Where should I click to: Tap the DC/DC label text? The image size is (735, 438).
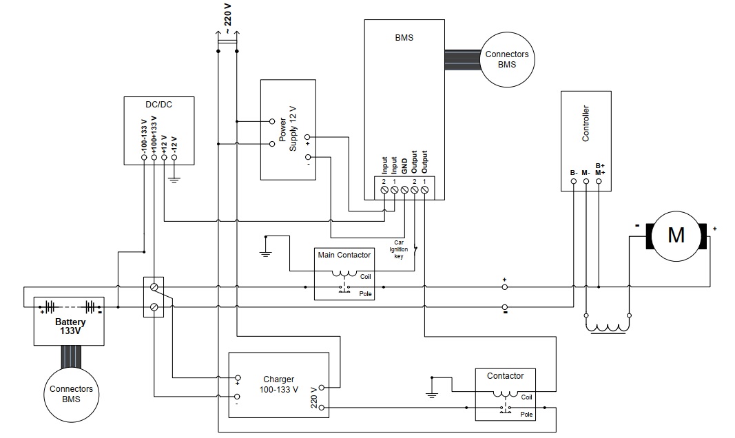159,105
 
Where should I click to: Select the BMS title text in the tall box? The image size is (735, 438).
404,37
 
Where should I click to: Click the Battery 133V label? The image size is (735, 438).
70,326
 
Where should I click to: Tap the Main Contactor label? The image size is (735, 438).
344,255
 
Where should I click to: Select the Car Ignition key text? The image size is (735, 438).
398,249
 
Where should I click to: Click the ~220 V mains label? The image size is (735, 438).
227,19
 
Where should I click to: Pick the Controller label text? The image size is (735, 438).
586,123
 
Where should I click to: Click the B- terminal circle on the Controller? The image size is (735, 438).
574,181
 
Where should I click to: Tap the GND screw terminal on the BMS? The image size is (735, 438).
404,189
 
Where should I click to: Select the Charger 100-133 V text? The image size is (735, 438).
278,384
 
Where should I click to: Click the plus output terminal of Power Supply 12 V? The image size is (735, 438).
307,137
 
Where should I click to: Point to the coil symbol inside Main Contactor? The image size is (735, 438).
344,274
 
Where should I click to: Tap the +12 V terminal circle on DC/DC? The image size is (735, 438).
164,158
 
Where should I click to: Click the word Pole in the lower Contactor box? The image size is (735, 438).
526,414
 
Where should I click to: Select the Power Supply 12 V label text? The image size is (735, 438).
288,129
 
